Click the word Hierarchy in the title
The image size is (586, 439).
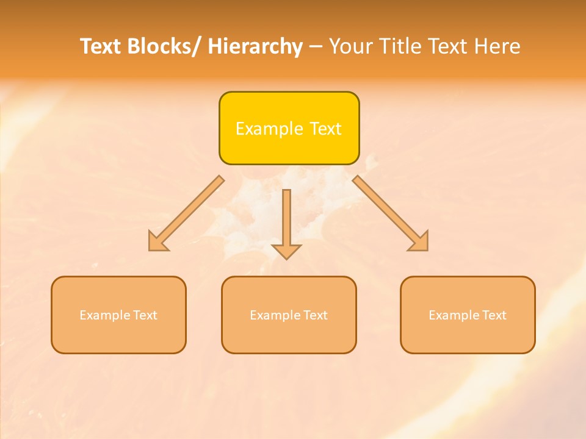255,46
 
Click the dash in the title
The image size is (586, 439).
316,46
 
